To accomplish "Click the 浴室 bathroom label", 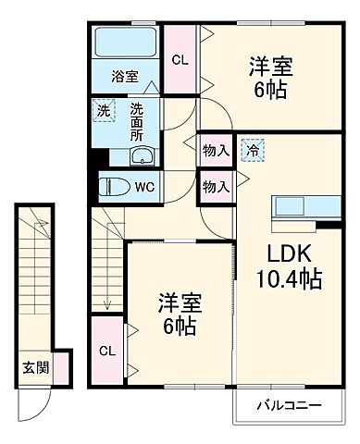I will tap(125, 77).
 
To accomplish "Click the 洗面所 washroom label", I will tap(137, 120).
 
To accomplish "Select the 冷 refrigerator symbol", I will tap(252, 148).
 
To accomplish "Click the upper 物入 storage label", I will tap(216, 149).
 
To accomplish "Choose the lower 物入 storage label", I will tap(216, 186).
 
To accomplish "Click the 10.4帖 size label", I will tap(290, 277).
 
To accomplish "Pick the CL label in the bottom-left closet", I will tap(106, 351).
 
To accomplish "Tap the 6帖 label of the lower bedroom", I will tap(180, 327).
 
